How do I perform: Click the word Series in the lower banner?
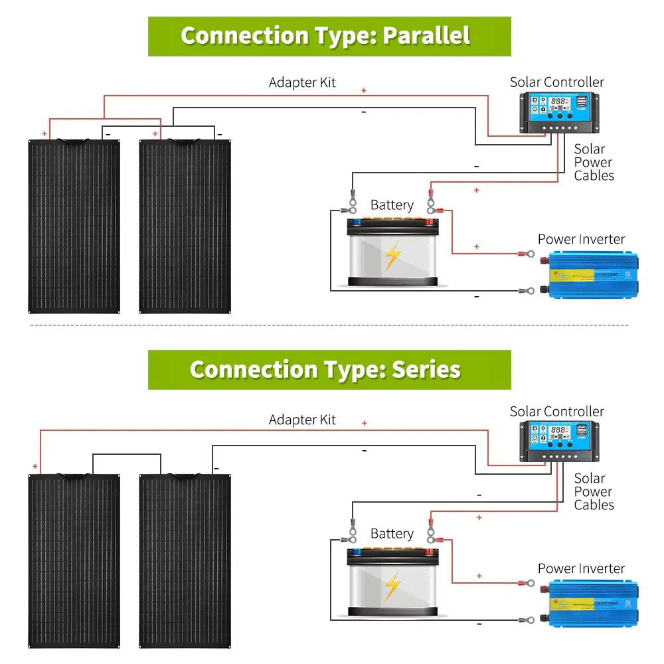[x=426, y=369]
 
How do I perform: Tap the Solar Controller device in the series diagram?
[x=556, y=441]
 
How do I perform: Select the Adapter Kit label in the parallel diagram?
[x=302, y=83]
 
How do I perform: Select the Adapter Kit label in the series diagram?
[x=302, y=420]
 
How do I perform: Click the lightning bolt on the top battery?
[x=393, y=256]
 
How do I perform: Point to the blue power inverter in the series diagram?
[x=591, y=603]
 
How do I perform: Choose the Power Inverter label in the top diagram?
[x=581, y=239]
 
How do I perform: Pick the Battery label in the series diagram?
[x=392, y=534]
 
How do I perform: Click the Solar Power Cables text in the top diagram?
[x=593, y=163]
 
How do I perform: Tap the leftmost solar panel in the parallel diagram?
[x=73, y=226]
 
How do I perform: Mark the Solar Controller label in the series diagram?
[x=556, y=412]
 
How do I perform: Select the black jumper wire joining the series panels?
[x=126, y=455]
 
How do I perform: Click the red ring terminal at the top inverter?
[x=530, y=253]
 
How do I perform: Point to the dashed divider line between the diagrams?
[x=332, y=325]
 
